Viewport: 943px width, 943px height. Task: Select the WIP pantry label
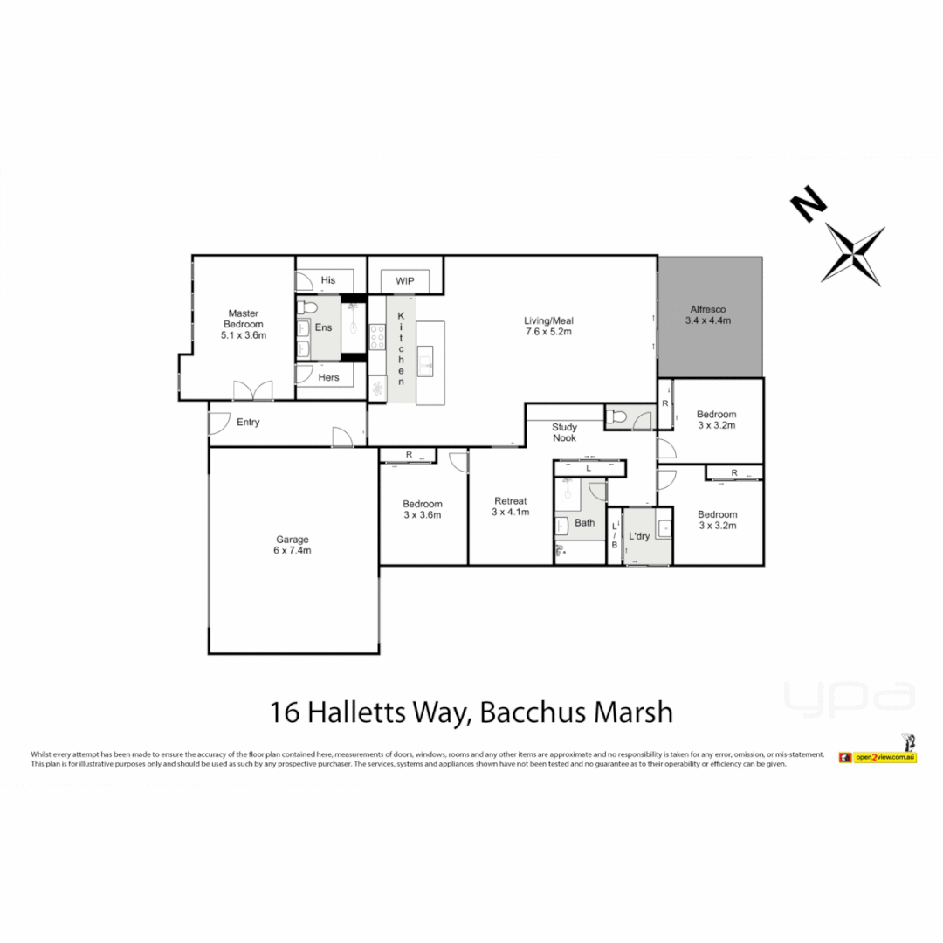404,281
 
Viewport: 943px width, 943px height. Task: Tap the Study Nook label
564,432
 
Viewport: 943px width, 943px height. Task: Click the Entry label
248,423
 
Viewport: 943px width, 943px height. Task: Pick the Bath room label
584,523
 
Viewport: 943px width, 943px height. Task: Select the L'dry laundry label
639,536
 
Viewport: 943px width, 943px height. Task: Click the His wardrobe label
328,280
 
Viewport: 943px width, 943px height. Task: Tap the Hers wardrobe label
328,377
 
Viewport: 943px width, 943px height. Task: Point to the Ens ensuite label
324,327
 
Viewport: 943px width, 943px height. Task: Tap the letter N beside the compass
809,203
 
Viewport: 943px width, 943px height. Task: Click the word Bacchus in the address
533,712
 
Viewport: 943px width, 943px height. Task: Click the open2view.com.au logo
877,757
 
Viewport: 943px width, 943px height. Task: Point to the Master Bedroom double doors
252,390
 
